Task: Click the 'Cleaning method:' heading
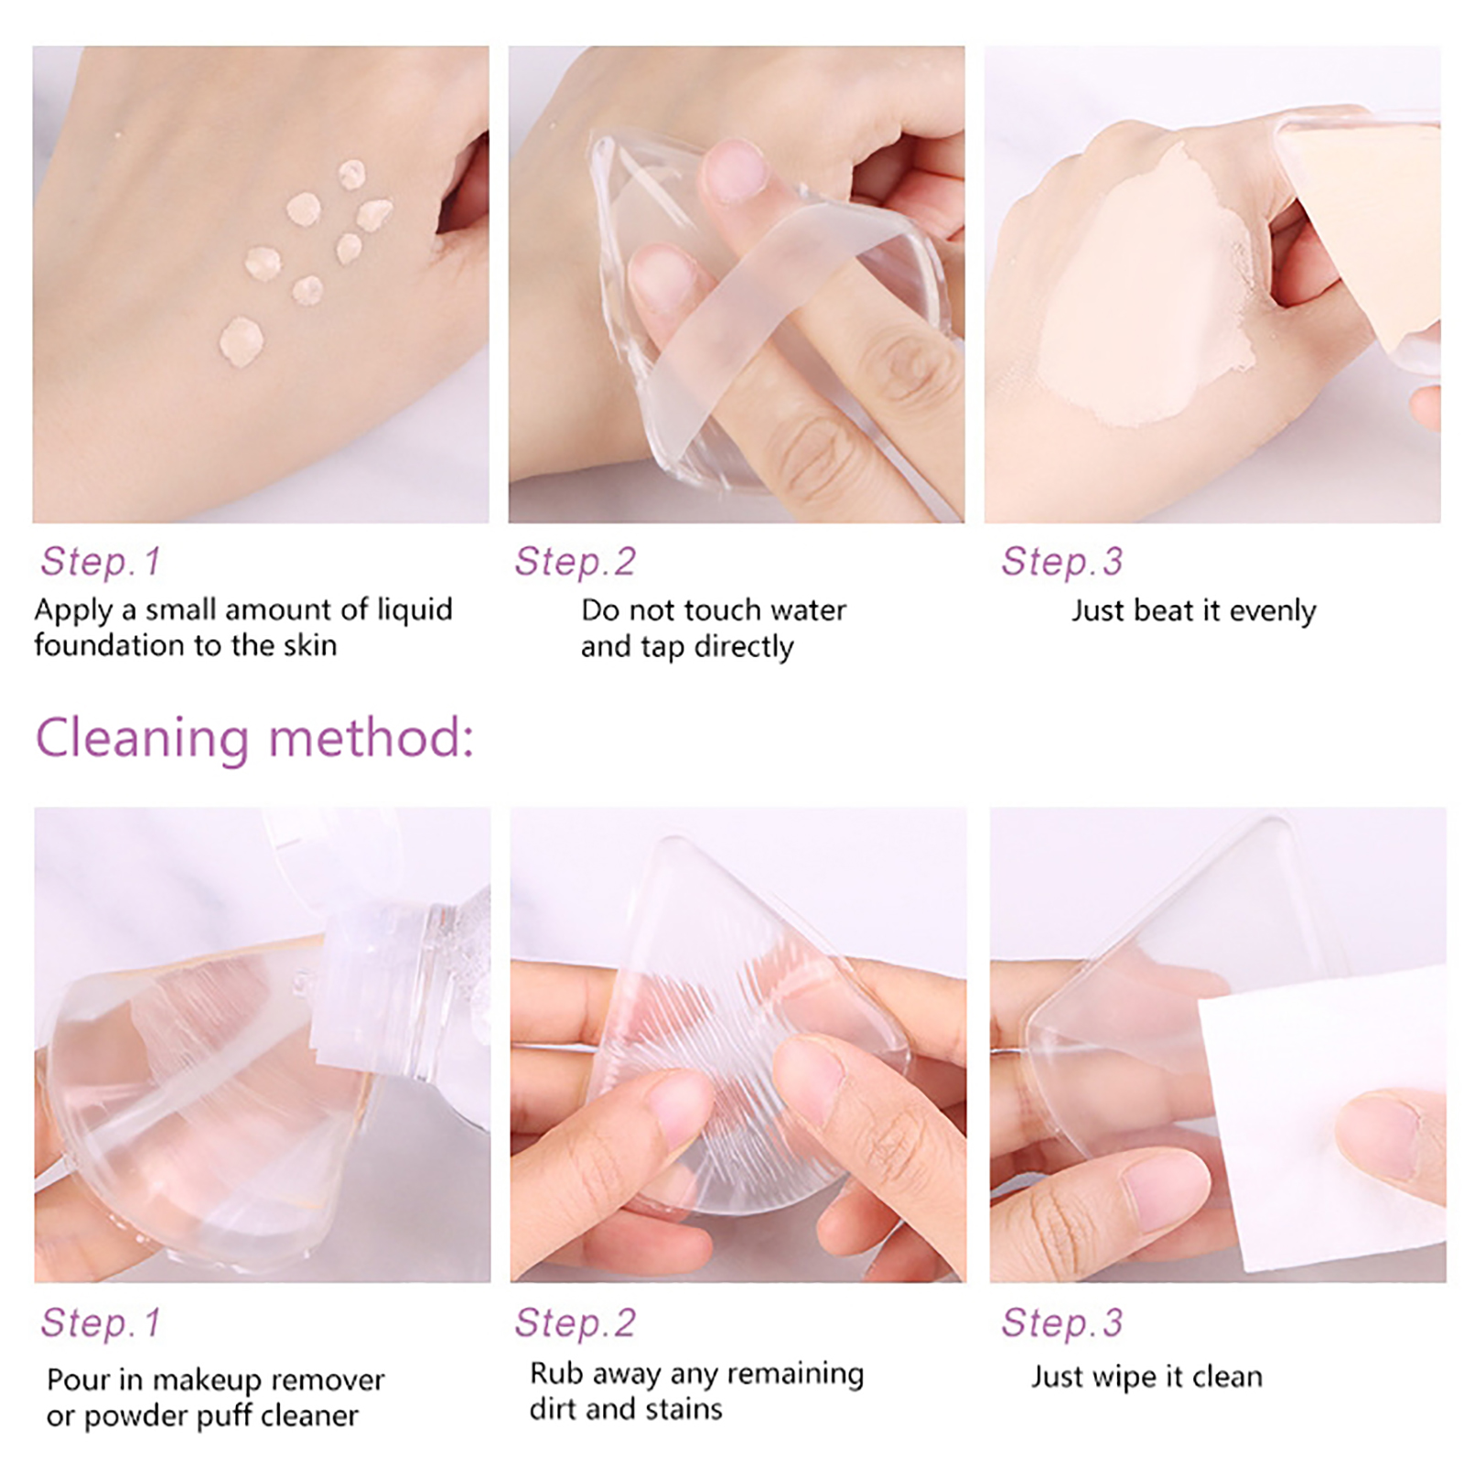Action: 254,738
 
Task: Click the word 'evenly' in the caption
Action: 1273,611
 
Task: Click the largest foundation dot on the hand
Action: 241,340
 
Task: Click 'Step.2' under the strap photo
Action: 575,561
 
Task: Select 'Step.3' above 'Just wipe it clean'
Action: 1061,1323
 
